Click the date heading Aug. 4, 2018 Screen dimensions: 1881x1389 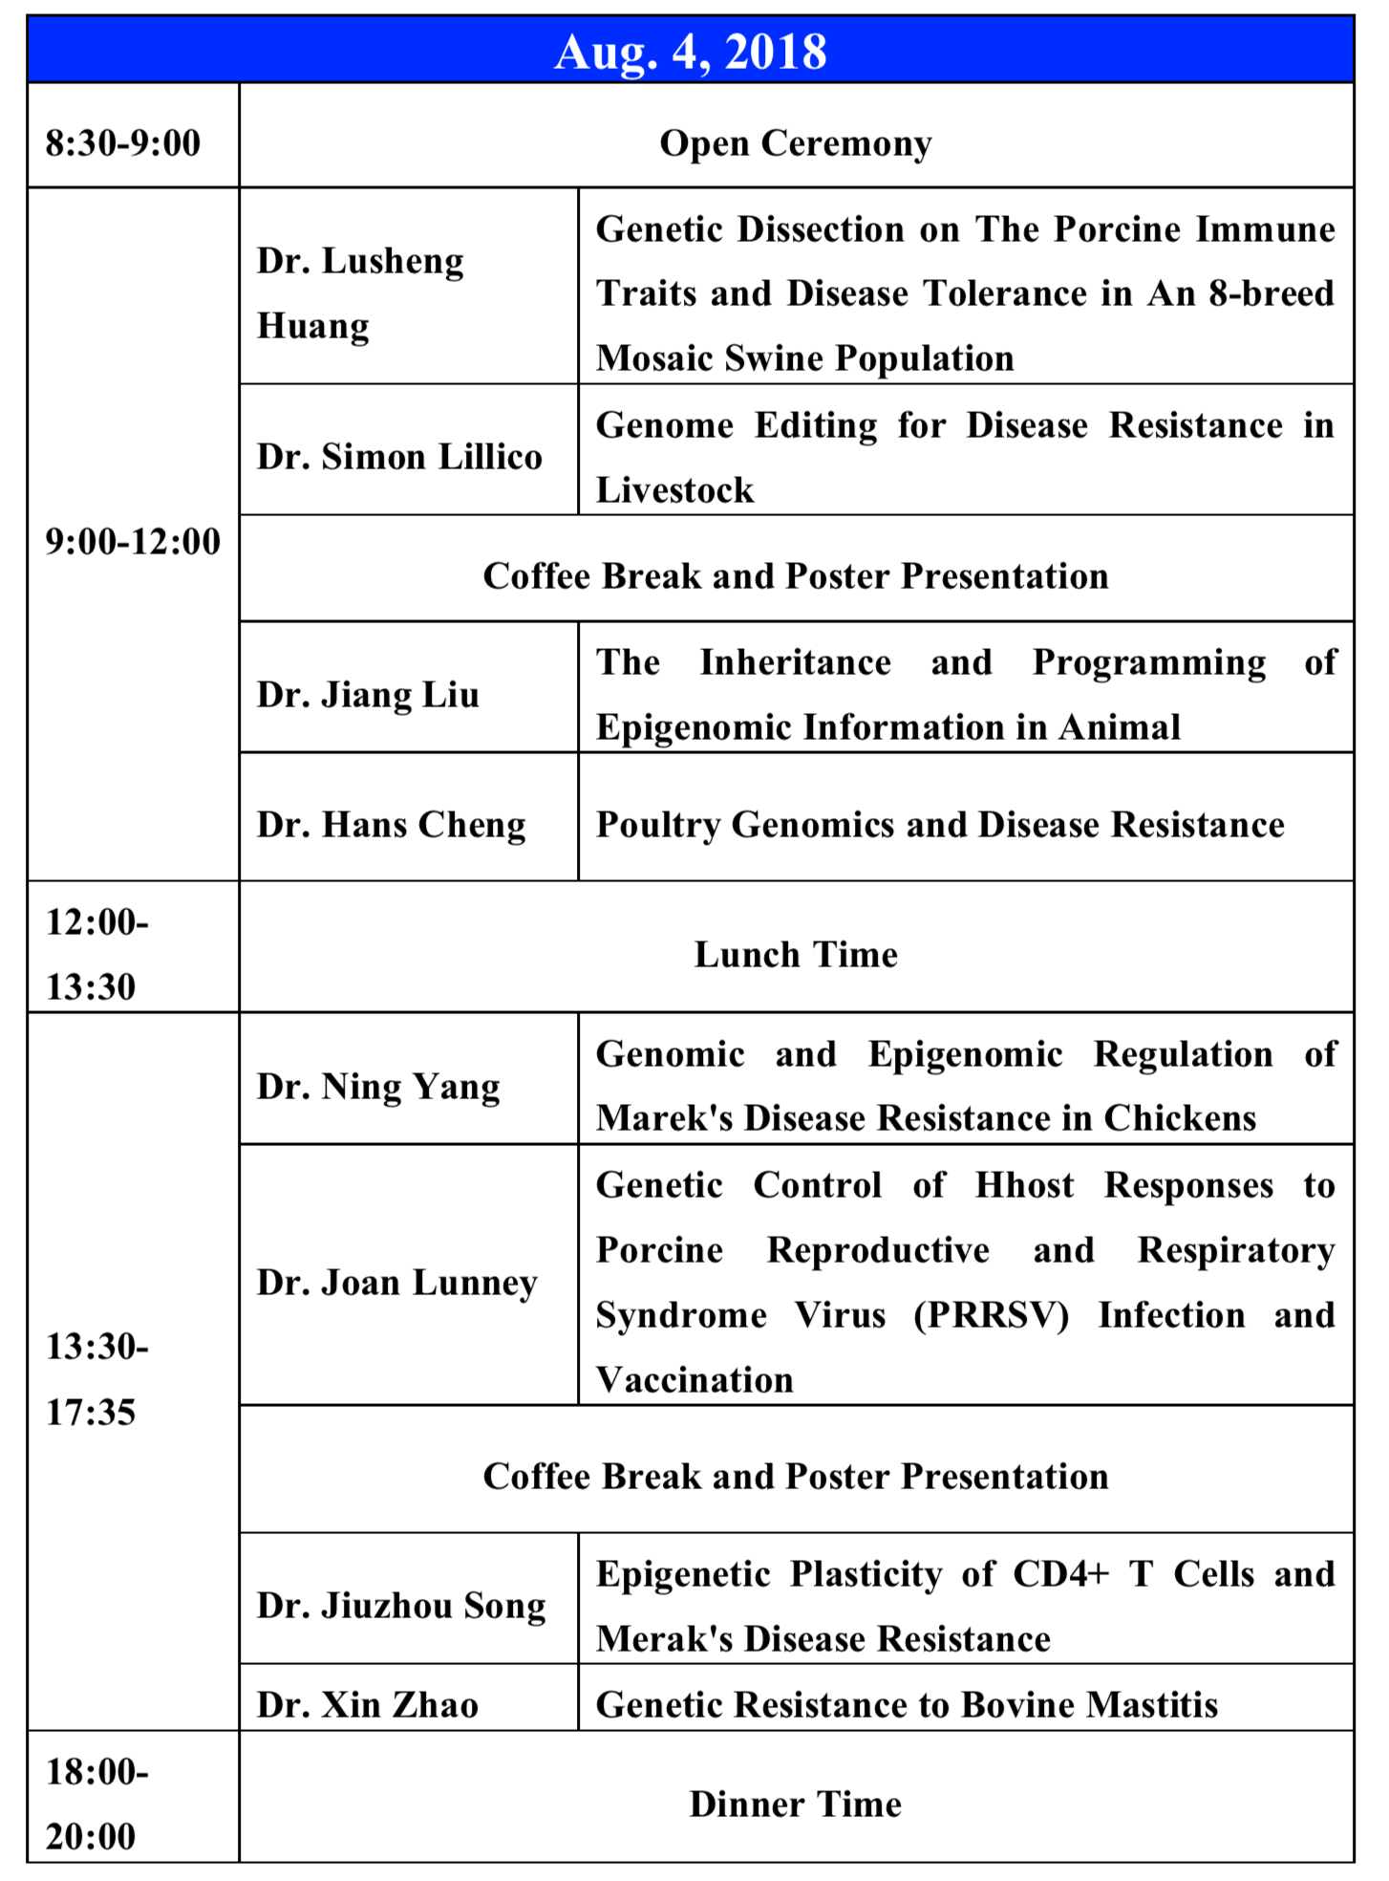pyautogui.click(x=690, y=52)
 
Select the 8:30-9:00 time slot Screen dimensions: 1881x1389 pyautogui.click(x=123, y=143)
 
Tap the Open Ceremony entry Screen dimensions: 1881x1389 pyautogui.click(x=795, y=143)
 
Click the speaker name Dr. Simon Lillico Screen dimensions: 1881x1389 pyautogui.click(x=399, y=457)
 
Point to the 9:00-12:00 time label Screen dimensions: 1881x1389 pyautogui.click(x=133, y=541)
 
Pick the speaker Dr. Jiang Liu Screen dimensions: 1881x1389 pyautogui.click(x=368, y=694)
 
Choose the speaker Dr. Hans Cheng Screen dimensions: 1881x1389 pyautogui.click(x=391, y=824)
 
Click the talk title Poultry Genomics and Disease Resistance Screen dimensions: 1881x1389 pyautogui.click(x=940, y=824)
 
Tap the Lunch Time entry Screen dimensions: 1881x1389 pyautogui.click(x=795, y=954)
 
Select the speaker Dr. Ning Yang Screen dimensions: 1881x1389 pyautogui.click(x=378, y=1086)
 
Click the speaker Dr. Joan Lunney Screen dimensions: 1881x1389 pyautogui.click(x=397, y=1282)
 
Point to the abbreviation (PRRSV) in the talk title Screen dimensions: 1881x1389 pyautogui.click(x=991, y=1315)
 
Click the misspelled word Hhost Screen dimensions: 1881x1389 pyautogui.click(x=1024, y=1185)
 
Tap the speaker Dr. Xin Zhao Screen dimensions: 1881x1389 pyautogui.click(x=368, y=1704)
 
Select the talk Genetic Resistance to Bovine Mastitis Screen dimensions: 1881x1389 pyautogui.click(x=907, y=1704)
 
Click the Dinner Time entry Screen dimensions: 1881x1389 pyautogui.click(x=795, y=1804)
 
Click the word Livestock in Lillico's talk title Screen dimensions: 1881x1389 pyautogui.click(x=674, y=490)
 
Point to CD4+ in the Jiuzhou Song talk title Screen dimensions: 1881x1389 pyautogui.click(x=1060, y=1573)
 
